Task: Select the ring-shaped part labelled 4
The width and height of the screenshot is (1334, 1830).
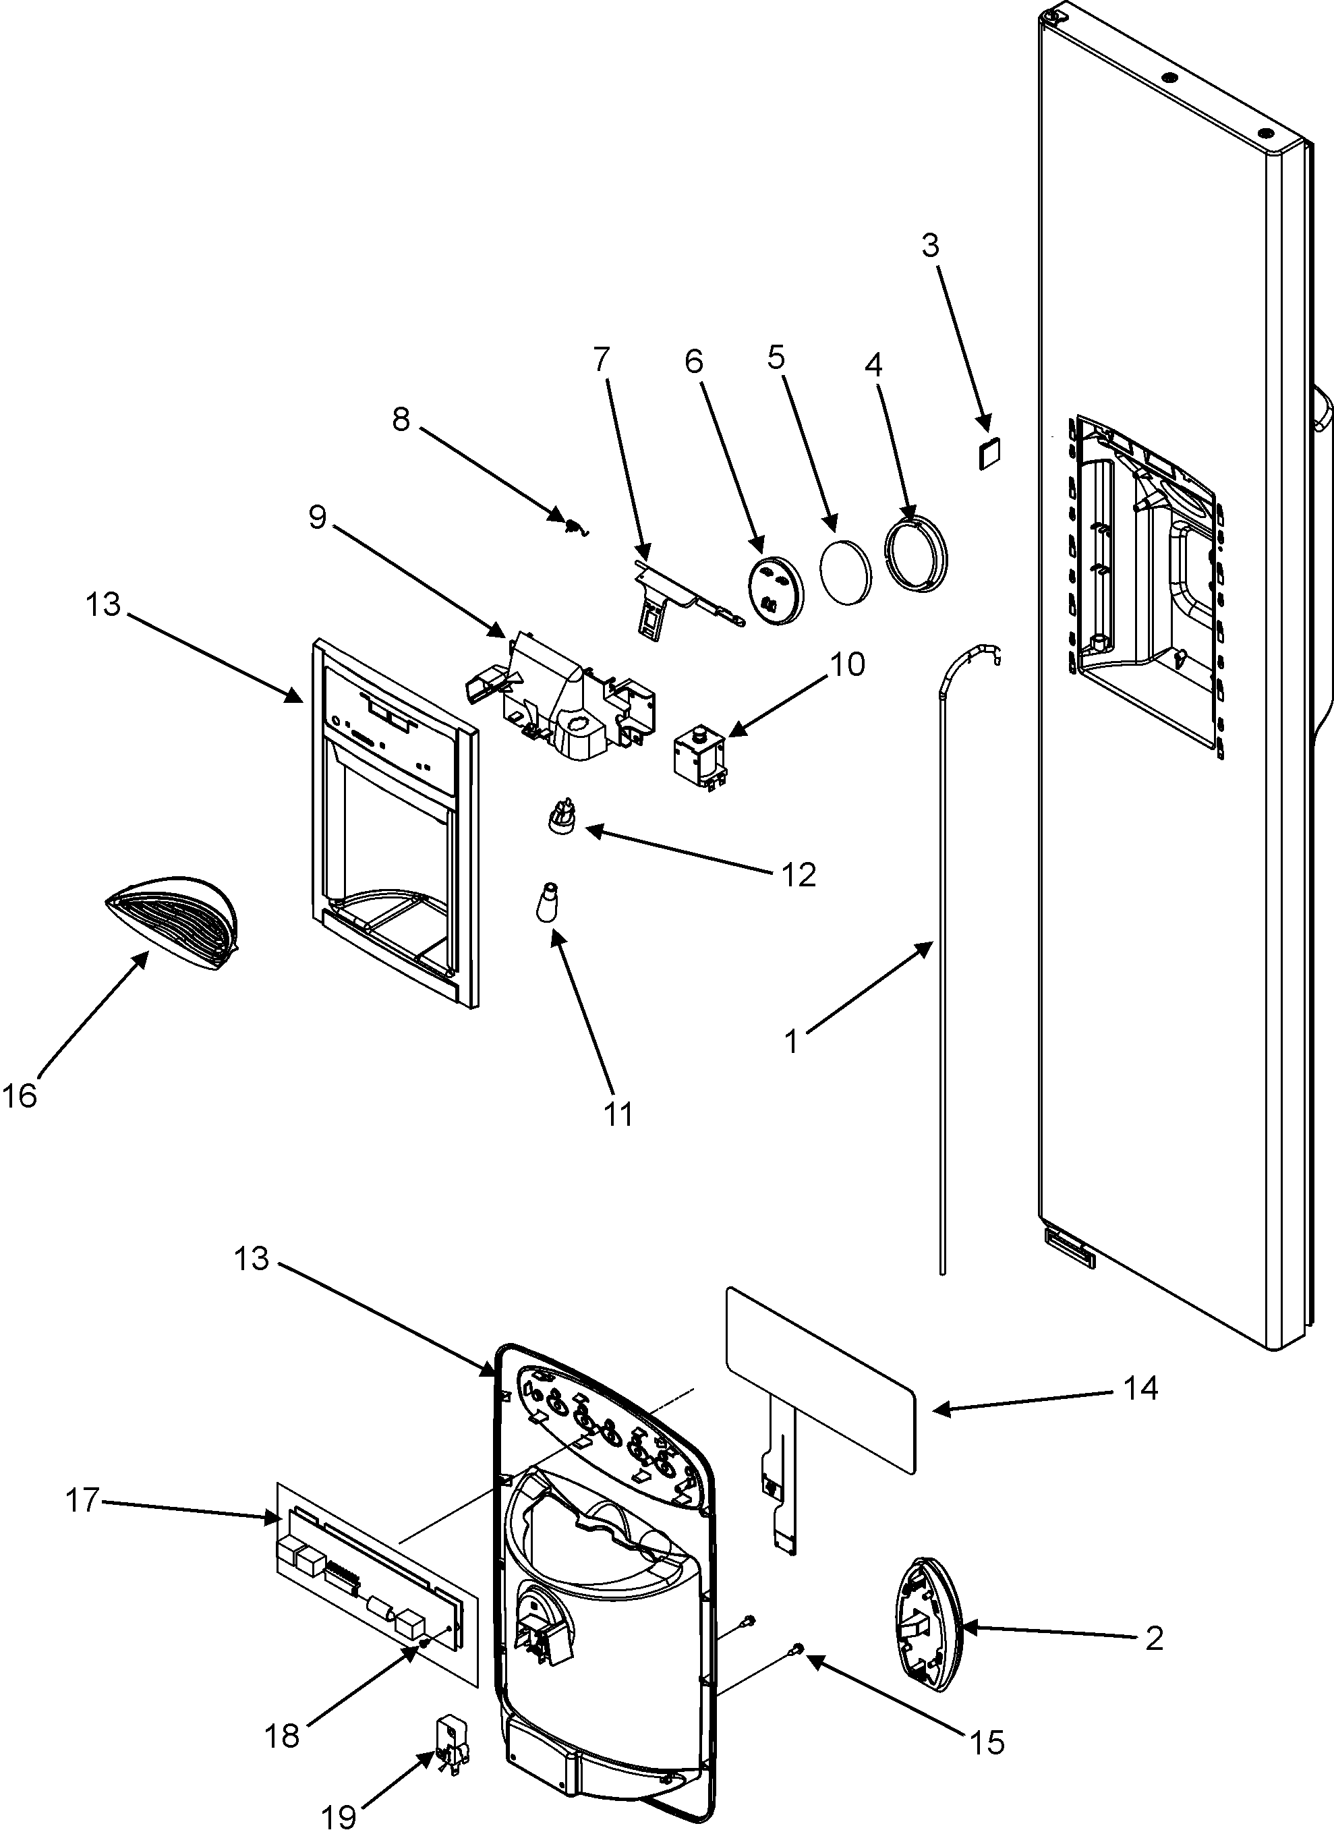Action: pos(917,556)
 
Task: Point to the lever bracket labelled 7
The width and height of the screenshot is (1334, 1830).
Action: pos(664,592)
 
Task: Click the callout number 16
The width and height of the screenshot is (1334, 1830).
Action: pos(20,1096)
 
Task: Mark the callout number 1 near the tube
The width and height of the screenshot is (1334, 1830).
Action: pos(792,1041)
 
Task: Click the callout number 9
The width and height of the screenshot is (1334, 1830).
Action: pos(318,517)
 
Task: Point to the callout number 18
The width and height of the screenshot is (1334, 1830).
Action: pos(282,1735)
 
